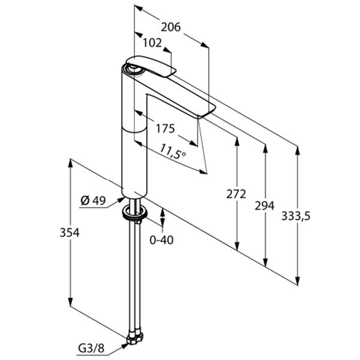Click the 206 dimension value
tap(171, 26)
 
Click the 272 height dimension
tap(238, 194)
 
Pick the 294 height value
tap(265, 206)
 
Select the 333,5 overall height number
tap(296, 217)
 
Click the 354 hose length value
tap(70, 232)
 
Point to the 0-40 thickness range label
tap(162, 240)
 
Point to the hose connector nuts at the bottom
tap(133, 340)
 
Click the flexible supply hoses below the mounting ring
tap(134, 276)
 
